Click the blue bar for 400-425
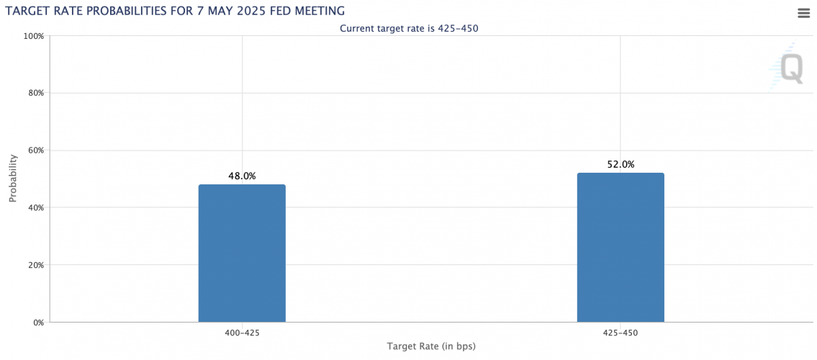coord(242,253)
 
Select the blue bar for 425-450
coord(620,247)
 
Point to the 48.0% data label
coord(242,176)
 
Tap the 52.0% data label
coord(620,164)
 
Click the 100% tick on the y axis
coord(35,36)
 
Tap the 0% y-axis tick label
coord(38,323)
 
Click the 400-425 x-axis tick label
coord(242,333)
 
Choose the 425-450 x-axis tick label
coord(620,333)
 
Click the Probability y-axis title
coord(13,179)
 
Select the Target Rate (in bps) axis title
coord(431,346)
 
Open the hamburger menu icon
coord(804,13)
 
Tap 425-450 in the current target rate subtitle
coord(458,28)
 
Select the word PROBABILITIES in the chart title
coord(119,11)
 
